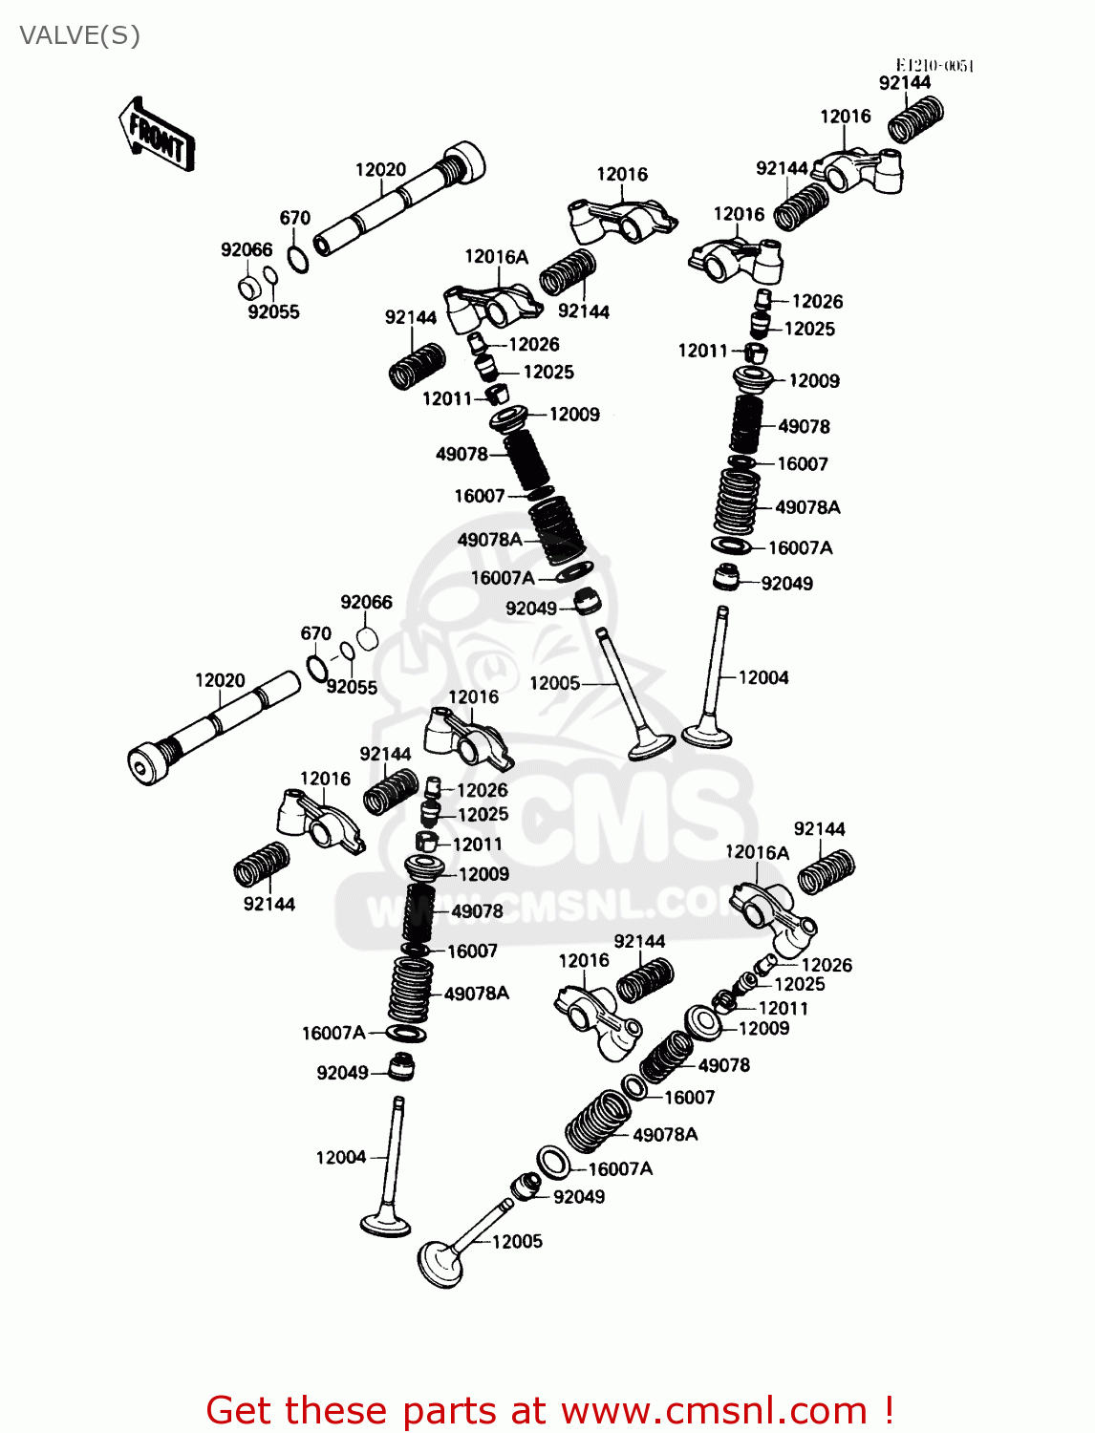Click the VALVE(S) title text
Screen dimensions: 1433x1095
point(79,36)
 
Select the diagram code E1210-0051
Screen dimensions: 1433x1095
point(934,65)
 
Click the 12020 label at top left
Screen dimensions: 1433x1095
point(380,170)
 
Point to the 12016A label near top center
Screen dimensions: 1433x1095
point(496,256)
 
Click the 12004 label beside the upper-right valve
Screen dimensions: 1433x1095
point(763,677)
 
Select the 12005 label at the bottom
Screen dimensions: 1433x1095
point(517,1241)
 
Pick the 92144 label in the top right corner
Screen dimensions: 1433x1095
point(904,83)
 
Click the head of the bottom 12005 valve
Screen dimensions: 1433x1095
point(440,1264)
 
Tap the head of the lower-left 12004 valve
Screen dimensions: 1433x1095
point(385,1224)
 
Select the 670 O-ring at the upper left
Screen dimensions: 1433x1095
point(298,259)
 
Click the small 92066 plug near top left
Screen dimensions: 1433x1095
point(248,287)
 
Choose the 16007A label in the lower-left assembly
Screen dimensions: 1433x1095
point(333,1033)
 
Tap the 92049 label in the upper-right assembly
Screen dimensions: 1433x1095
point(786,584)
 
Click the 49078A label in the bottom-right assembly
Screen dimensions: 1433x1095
point(665,1134)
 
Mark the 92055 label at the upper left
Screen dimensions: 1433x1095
point(273,311)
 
